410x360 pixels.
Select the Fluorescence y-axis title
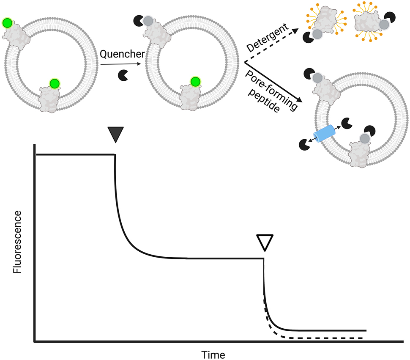click(17, 246)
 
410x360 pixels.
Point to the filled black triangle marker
click(115, 135)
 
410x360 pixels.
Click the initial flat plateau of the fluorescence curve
click(76, 154)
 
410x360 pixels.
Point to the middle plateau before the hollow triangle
click(224, 258)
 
